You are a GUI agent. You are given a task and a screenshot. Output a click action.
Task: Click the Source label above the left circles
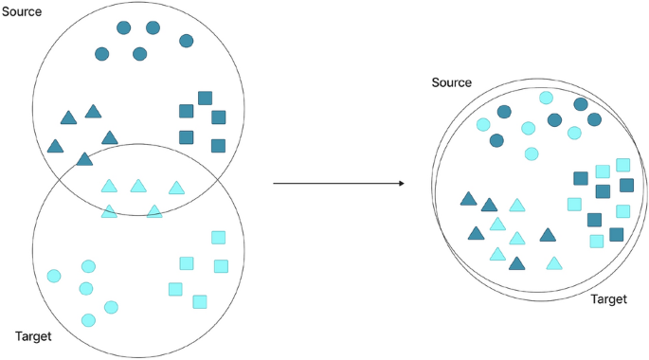coord(25,10)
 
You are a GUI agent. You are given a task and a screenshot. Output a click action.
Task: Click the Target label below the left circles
coord(34,335)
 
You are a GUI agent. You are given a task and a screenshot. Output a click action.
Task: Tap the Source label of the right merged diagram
coord(451,83)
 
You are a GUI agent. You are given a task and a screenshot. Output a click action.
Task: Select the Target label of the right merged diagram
coord(609,298)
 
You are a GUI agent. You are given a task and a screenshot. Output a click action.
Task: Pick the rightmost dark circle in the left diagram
coord(186,41)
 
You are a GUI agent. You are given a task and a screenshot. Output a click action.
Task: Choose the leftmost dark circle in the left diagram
coord(101,54)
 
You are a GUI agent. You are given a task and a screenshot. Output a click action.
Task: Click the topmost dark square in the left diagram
coord(205,98)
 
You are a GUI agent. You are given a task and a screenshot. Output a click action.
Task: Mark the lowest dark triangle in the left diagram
coord(84,159)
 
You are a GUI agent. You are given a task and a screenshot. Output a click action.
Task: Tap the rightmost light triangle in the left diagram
coord(175,188)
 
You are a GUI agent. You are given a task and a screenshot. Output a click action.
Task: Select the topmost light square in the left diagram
coord(218,237)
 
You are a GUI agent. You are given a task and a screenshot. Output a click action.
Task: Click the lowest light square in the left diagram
coord(200,301)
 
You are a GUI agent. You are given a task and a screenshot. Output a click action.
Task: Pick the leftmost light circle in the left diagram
coord(54,276)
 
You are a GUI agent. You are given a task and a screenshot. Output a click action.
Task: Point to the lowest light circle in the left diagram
coord(88,320)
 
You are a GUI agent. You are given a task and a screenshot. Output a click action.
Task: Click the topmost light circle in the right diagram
coord(546,97)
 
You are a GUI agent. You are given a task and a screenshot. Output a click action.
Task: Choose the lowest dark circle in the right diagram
coord(496,140)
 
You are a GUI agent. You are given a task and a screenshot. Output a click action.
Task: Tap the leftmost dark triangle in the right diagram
coord(467,199)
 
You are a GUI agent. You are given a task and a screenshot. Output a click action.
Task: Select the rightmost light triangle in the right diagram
coord(554,262)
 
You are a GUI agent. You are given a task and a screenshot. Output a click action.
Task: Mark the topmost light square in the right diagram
coord(622,165)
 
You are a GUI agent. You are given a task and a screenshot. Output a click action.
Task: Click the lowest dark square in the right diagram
coord(616,234)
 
